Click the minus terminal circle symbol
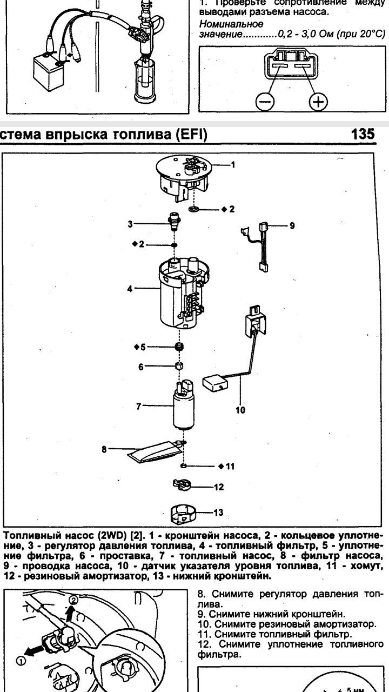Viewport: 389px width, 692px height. tap(265, 101)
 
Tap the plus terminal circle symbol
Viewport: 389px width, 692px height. tap(319, 101)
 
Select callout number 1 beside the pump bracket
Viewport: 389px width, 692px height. tap(233, 164)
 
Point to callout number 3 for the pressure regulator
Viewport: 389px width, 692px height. tap(131, 223)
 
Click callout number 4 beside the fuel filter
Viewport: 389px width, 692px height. tap(130, 289)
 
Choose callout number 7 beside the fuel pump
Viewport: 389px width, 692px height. tap(139, 406)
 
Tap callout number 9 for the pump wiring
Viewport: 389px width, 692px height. tap(292, 225)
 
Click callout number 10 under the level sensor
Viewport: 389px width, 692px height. tap(240, 410)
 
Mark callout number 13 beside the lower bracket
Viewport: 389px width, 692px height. tap(218, 511)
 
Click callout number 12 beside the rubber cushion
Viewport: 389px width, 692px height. tap(218, 487)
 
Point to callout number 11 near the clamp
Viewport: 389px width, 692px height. tap(230, 465)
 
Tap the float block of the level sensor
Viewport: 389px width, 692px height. tap(214, 384)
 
